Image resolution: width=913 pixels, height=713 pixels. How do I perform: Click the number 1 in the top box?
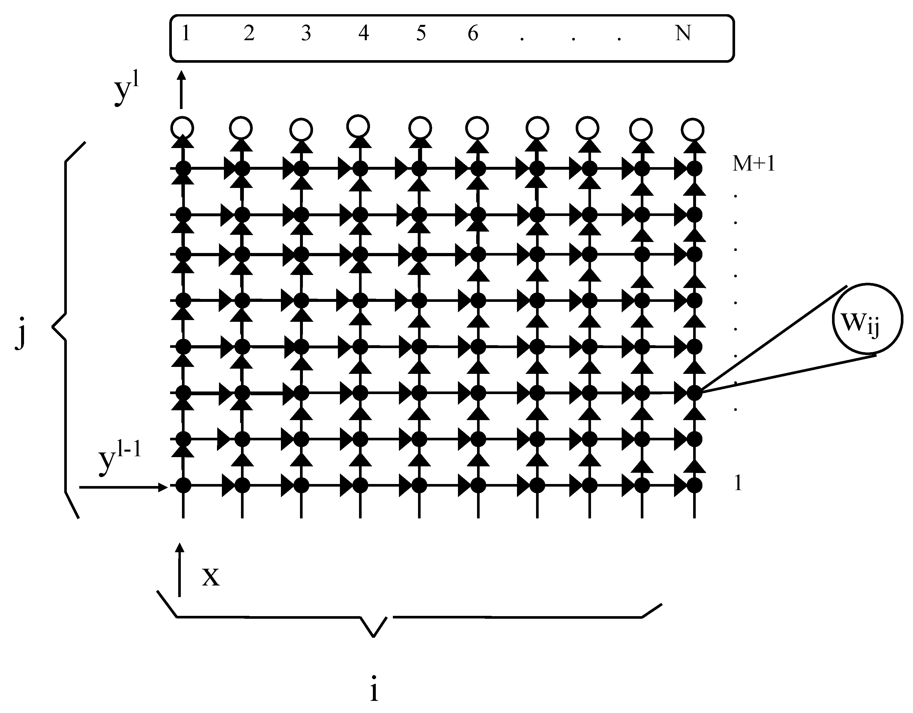click(x=186, y=34)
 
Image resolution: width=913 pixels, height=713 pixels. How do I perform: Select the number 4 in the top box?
click(x=363, y=34)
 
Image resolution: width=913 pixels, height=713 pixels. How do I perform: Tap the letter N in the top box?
click(x=683, y=34)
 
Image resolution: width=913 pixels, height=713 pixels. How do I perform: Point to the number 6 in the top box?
click(x=473, y=34)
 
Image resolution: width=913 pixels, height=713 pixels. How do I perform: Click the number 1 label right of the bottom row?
click(x=738, y=483)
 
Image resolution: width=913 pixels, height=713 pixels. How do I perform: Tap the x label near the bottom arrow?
click(x=211, y=577)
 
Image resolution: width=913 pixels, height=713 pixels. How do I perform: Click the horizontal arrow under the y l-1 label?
click(x=123, y=487)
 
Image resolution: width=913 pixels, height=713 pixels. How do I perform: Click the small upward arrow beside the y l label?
click(x=181, y=90)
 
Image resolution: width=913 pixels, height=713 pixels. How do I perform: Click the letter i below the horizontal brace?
click(x=374, y=688)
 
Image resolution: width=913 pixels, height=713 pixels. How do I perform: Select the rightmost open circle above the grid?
click(x=692, y=130)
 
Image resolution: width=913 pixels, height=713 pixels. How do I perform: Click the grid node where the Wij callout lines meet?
click(x=694, y=393)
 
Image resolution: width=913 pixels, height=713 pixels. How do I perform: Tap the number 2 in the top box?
click(x=249, y=34)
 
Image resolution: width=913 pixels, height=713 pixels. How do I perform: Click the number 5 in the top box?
click(x=421, y=34)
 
